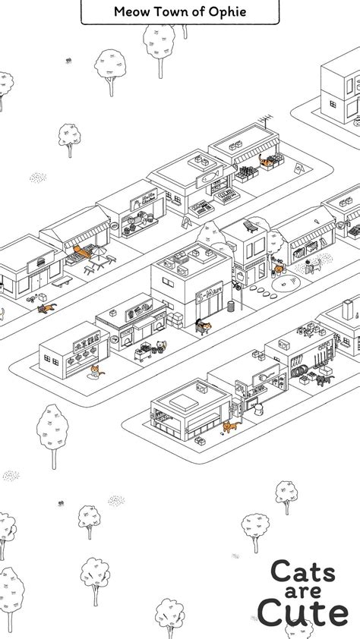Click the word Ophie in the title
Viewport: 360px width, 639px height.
(225, 11)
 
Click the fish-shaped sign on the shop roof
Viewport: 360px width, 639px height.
(208, 176)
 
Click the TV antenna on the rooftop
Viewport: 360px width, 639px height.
(265, 121)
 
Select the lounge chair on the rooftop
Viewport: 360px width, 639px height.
(249, 225)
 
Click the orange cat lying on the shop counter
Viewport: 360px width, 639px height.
(78, 250)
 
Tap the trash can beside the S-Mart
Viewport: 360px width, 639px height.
(231, 306)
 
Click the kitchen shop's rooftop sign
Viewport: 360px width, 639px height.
(140, 198)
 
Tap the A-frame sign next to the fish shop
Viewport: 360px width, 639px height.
(186, 222)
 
